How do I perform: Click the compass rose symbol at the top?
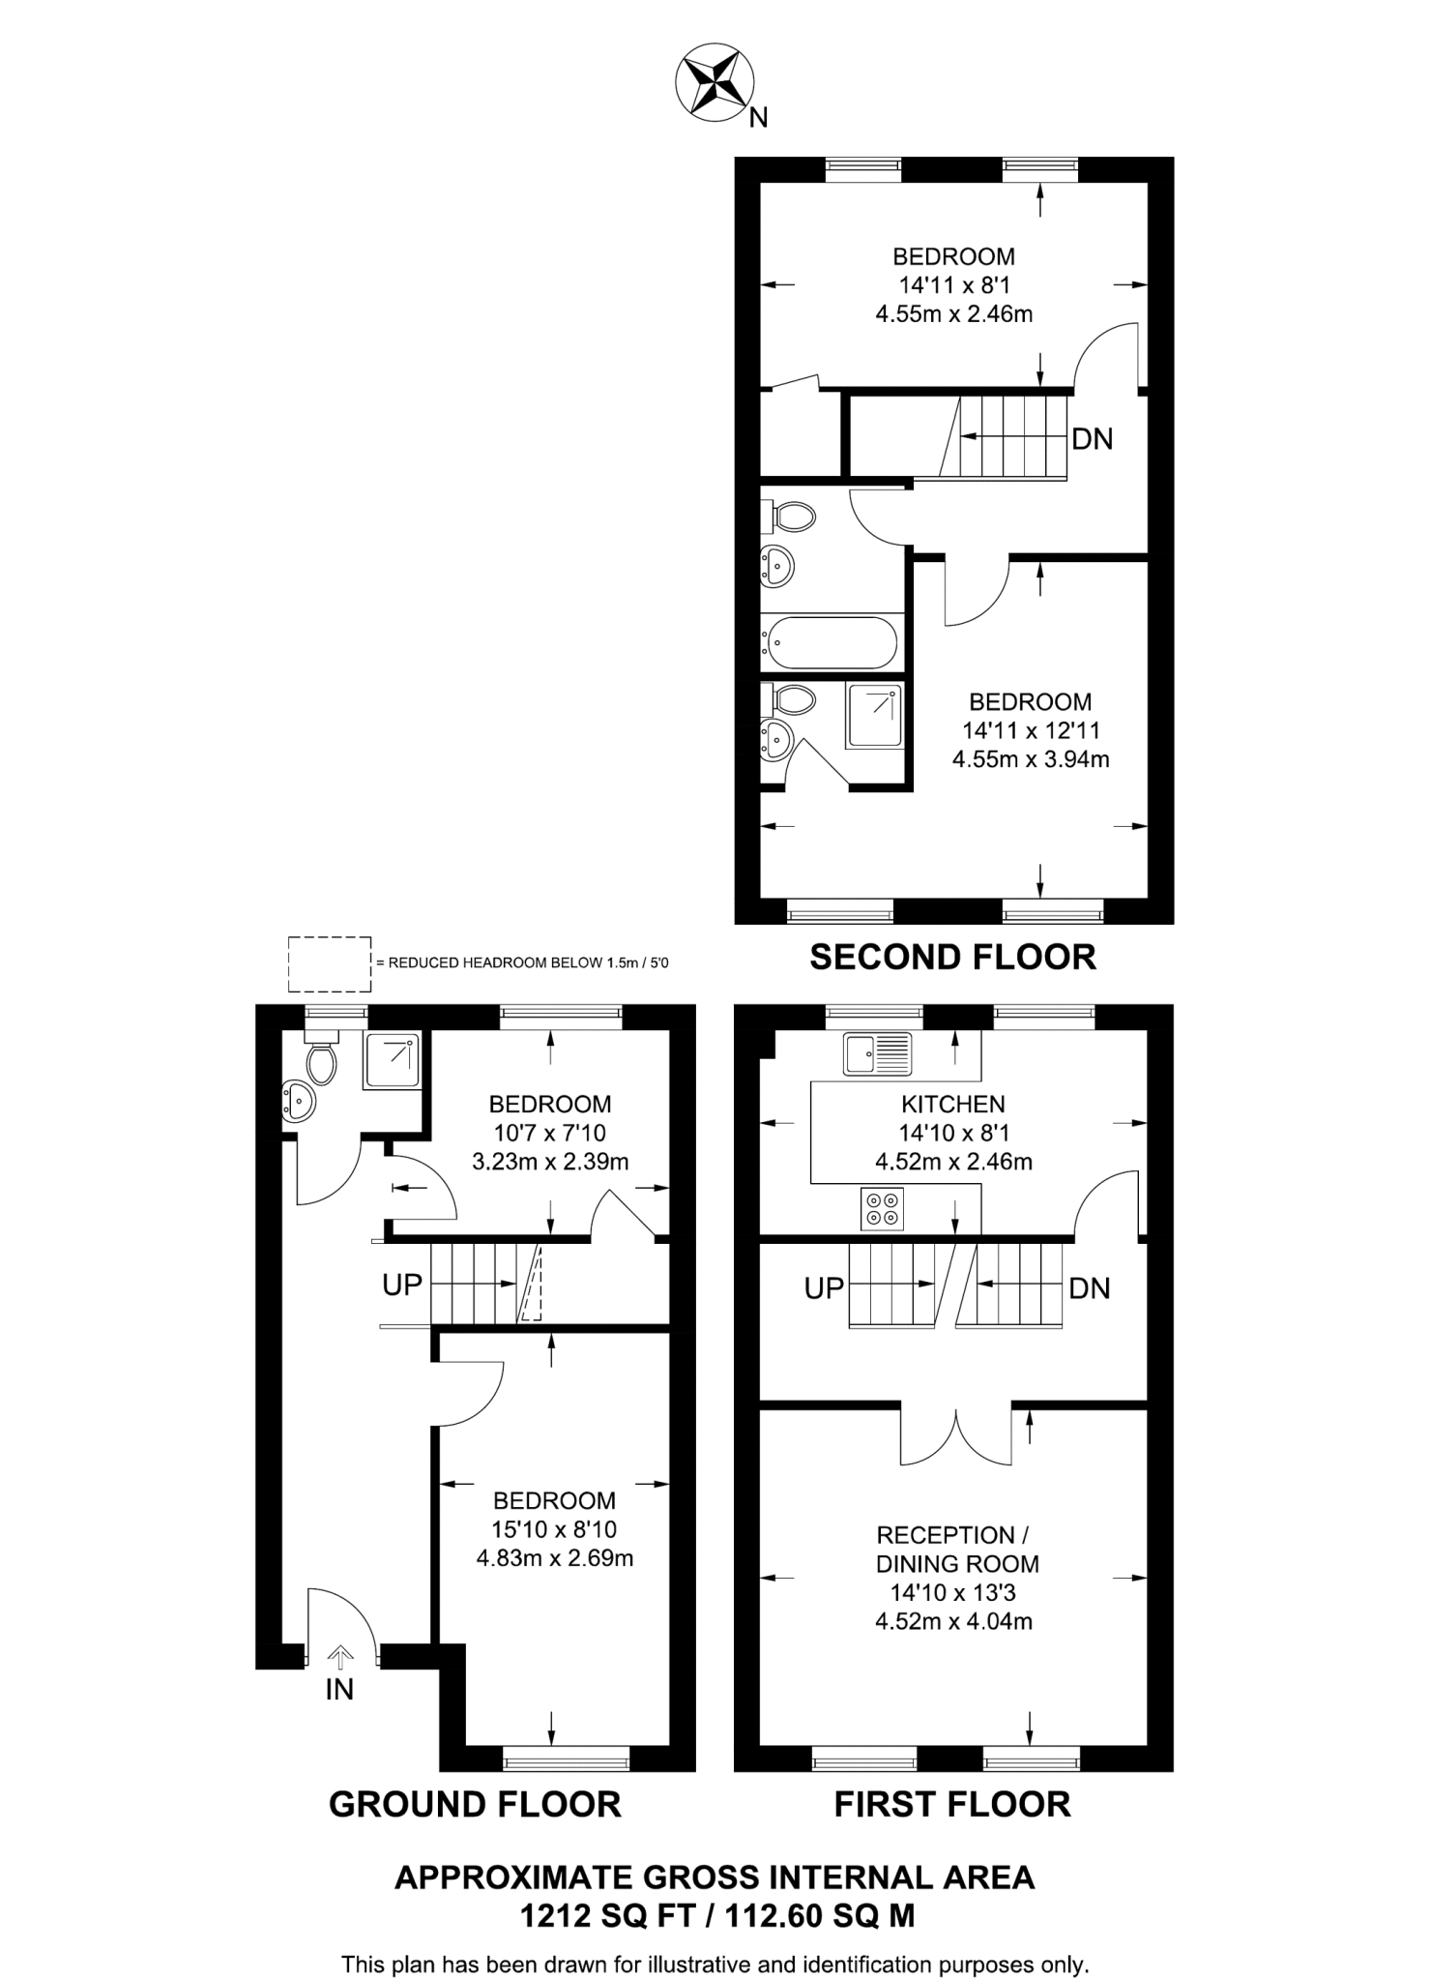tap(715, 85)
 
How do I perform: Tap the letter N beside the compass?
tap(759, 118)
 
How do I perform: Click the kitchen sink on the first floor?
tap(877, 1053)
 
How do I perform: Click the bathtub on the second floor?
tap(832, 641)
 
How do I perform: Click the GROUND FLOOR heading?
tap(475, 1805)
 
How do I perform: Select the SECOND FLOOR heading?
tap(952, 958)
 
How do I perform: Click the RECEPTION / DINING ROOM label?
tap(956, 1549)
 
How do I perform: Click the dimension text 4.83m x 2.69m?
tap(555, 1558)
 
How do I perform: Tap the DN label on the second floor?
tap(1093, 439)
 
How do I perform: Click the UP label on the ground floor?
tap(402, 1285)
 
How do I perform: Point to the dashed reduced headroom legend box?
tap(330, 963)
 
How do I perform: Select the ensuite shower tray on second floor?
tap(875, 715)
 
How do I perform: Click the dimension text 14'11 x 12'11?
tap(1031, 730)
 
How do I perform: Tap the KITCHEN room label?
tap(953, 1104)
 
